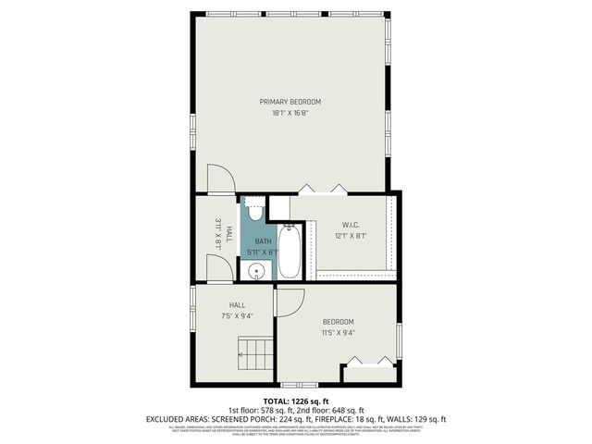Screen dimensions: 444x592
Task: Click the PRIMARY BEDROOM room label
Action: point(290,101)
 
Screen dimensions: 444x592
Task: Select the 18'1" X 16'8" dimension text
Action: point(290,113)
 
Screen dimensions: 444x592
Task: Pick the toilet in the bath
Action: point(256,212)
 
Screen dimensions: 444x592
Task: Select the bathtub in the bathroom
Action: point(289,253)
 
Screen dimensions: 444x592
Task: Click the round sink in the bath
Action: point(258,271)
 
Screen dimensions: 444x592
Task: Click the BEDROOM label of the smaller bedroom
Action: point(339,321)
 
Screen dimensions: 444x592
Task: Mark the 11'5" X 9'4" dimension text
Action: point(339,333)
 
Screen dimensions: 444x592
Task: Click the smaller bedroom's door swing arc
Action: point(290,302)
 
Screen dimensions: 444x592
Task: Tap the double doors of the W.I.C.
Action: point(323,191)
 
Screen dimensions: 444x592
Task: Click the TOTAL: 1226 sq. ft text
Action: point(295,401)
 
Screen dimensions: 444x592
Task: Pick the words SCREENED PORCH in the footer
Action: point(234,419)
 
